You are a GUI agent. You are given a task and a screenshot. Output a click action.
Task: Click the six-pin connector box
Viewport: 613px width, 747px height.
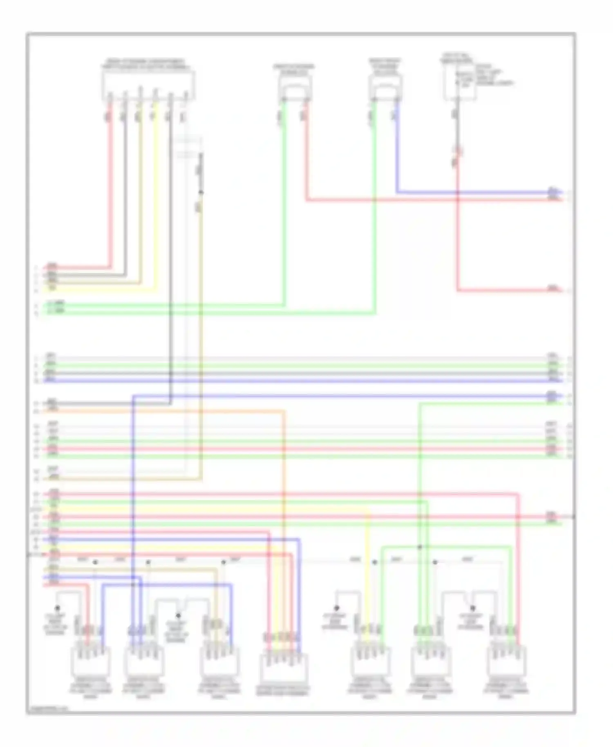[148, 86]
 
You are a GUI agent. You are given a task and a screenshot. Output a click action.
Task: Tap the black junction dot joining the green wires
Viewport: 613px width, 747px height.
[420, 547]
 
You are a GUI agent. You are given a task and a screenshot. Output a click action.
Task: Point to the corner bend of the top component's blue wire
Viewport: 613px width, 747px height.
[397, 192]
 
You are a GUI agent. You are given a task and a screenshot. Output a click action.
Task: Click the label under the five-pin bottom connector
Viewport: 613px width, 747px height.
[283, 691]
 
